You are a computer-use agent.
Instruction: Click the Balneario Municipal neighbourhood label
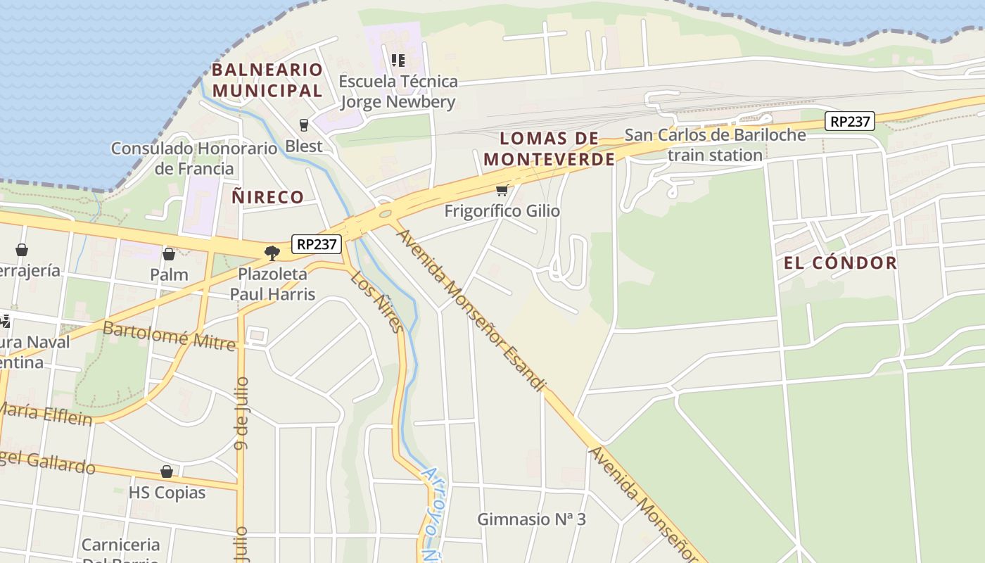[x=267, y=80]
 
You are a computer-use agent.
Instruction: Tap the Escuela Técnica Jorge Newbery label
[x=398, y=91]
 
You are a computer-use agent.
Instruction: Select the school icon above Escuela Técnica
[x=398, y=61]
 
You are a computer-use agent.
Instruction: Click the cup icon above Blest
[x=304, y=125]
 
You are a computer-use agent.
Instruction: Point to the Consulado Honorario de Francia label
[x=194, y=158]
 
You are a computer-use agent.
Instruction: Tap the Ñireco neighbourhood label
[x=267, y=197]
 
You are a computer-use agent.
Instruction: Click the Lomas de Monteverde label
[x=549, y=148]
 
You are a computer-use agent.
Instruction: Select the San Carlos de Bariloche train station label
[x=715, y=144]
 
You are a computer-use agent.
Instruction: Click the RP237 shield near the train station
[x=850, y=121]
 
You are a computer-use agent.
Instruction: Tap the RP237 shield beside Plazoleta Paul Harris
[x=317, y=244]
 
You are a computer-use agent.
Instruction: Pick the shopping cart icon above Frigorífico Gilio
[x=502, y=190]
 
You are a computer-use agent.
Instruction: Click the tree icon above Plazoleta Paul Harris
[x=272, y=253]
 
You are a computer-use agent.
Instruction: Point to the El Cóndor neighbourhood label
[x=841, y=263]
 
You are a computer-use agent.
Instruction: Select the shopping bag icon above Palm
[x=169, y=254]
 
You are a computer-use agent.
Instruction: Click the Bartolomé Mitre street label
[x=169, y=335]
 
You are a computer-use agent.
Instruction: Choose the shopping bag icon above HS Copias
[x=167, y=472]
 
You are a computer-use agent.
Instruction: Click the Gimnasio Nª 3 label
[x=531, y=519]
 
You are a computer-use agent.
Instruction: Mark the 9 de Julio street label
[x=241, y=412]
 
